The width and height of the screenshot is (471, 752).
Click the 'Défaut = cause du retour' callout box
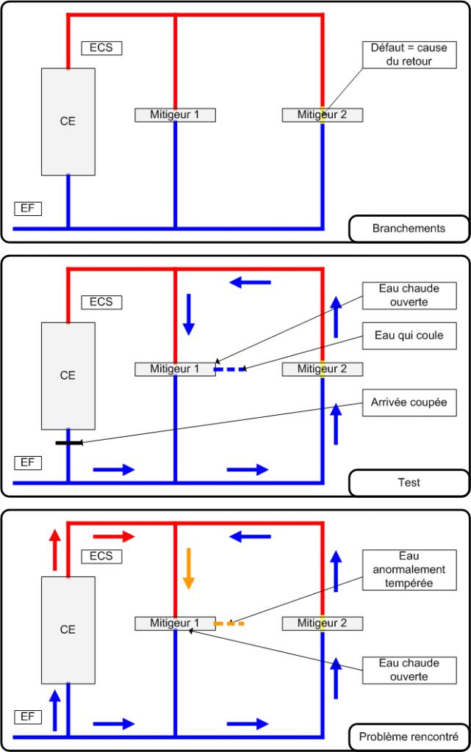pos(409,54)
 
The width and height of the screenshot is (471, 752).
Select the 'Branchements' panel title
pos(409,228)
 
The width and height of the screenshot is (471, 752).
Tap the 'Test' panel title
pos(409,482)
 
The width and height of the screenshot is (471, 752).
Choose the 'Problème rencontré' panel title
pos(409,737)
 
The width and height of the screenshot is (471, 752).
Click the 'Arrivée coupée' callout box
pos(409,402)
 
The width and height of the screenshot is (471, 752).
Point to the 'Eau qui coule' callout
pos(409,336)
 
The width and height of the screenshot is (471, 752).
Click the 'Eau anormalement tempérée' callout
pos(409,570)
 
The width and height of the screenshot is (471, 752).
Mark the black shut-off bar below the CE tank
pos(68,443)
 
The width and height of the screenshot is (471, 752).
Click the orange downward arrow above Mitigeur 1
pos(189,568)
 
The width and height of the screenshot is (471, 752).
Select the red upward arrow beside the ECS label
pos(55,549)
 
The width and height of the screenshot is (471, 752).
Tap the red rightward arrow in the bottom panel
pos(114,536)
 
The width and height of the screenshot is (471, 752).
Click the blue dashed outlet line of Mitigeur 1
pos(229,369)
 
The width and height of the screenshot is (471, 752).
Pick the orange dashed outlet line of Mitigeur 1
pos(229,623)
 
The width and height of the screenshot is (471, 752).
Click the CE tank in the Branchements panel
pos(68,121)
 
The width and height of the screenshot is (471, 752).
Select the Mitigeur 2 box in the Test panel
pos(323,369)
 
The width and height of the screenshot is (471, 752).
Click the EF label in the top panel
pos(28,209)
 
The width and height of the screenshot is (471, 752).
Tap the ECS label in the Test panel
pos(101,302)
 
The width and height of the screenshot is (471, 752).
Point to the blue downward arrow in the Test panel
pos(189,314)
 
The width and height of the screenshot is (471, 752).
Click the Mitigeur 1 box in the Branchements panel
pos(175,115)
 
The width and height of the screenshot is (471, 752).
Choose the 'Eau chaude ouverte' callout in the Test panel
pos(409,295)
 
